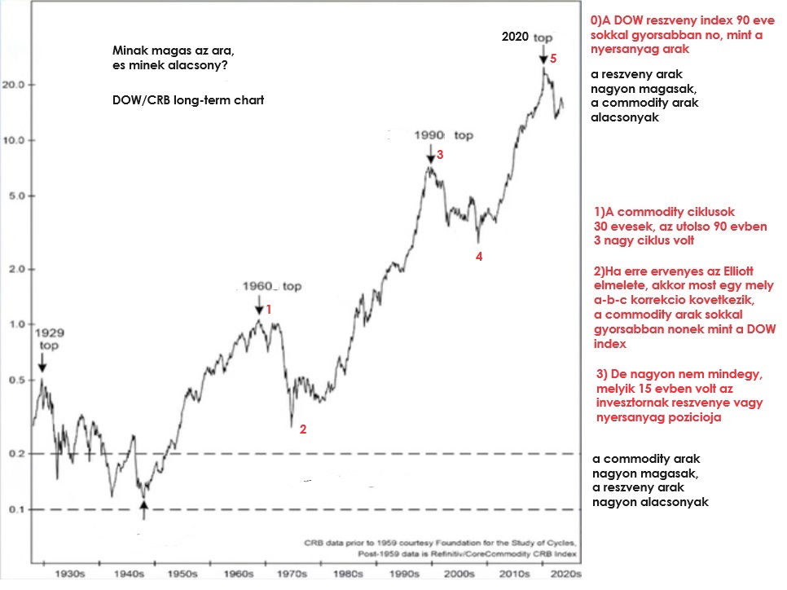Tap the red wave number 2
pyautogui.click(x=302, y=429)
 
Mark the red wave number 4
pyautogui.click(x=479, y=257)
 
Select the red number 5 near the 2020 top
pyautogui.click(x=552, y=59)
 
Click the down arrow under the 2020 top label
pyautogui.click(x=543, y=55)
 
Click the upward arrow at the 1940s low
pyautogui.click(x=144, y=510)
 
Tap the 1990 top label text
pyautogui.click(x=443, y=135)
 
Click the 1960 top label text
pyautogui.click(x=272, y=287)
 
